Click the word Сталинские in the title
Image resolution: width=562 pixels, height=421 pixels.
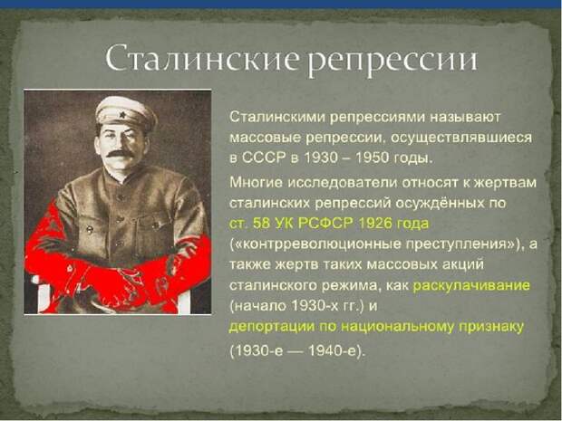[x=201, y=58]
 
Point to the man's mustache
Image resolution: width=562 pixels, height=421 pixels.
[x=120, y=154]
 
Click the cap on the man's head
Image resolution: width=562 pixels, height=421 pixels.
[x=126, y=113]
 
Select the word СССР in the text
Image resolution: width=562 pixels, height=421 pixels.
[x=263, y=158]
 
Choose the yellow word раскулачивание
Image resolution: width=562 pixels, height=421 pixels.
[x=471, y=285]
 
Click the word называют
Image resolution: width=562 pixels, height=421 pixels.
[x=464, y=118]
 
